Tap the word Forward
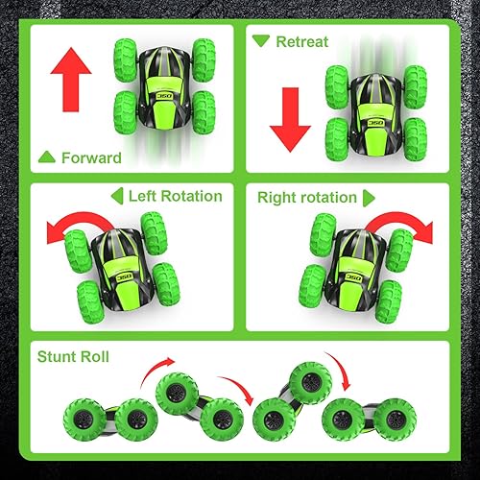coord(91,158)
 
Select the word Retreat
coord(302,41)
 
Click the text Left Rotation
coord(176,196)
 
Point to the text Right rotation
coord(306,197)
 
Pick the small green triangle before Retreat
coord(261,41)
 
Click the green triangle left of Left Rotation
coord(117,196)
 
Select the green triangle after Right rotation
coord(368,197)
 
